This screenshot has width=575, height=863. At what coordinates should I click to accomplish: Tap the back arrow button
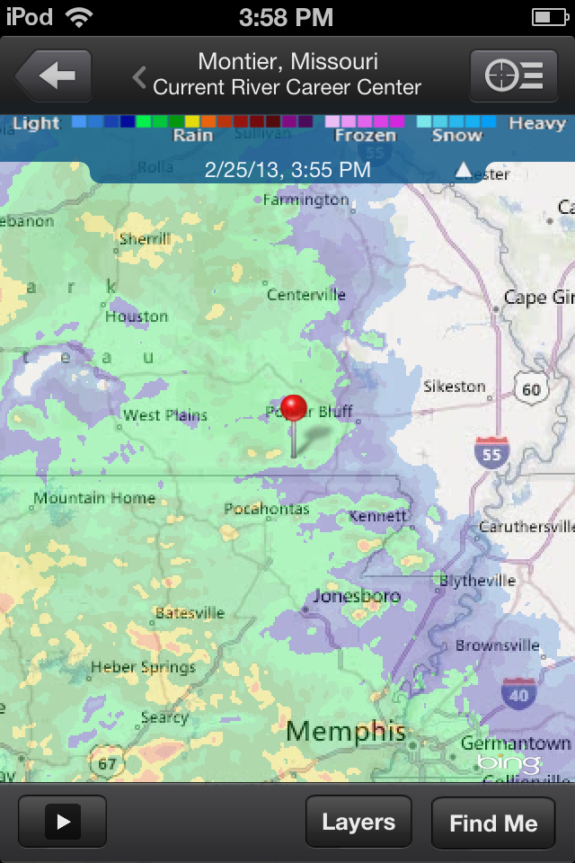[54, 76]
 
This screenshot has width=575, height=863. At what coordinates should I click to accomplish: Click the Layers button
[358, 823]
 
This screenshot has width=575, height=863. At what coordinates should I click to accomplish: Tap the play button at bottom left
[62, 822]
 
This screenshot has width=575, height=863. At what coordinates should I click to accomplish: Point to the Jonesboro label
[357, 596]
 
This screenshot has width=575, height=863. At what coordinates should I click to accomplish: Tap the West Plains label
[165, 415]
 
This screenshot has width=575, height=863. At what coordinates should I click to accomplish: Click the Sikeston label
[455, 387]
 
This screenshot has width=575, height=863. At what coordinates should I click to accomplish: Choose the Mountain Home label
[83, 498]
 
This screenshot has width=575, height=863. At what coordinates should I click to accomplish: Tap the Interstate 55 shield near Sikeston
[491, 452]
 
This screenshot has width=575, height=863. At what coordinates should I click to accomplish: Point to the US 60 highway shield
[531, 388]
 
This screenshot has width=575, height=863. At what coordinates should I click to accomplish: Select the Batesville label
[190, 613]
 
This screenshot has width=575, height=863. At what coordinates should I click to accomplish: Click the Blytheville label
[477, 581]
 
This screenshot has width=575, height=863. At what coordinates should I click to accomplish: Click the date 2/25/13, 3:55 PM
[287, 169]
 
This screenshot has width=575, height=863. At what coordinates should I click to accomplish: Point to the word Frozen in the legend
[365, 136]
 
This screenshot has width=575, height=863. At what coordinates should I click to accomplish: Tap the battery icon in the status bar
[550, 16]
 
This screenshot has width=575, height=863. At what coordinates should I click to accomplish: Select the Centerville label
[306, 295]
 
